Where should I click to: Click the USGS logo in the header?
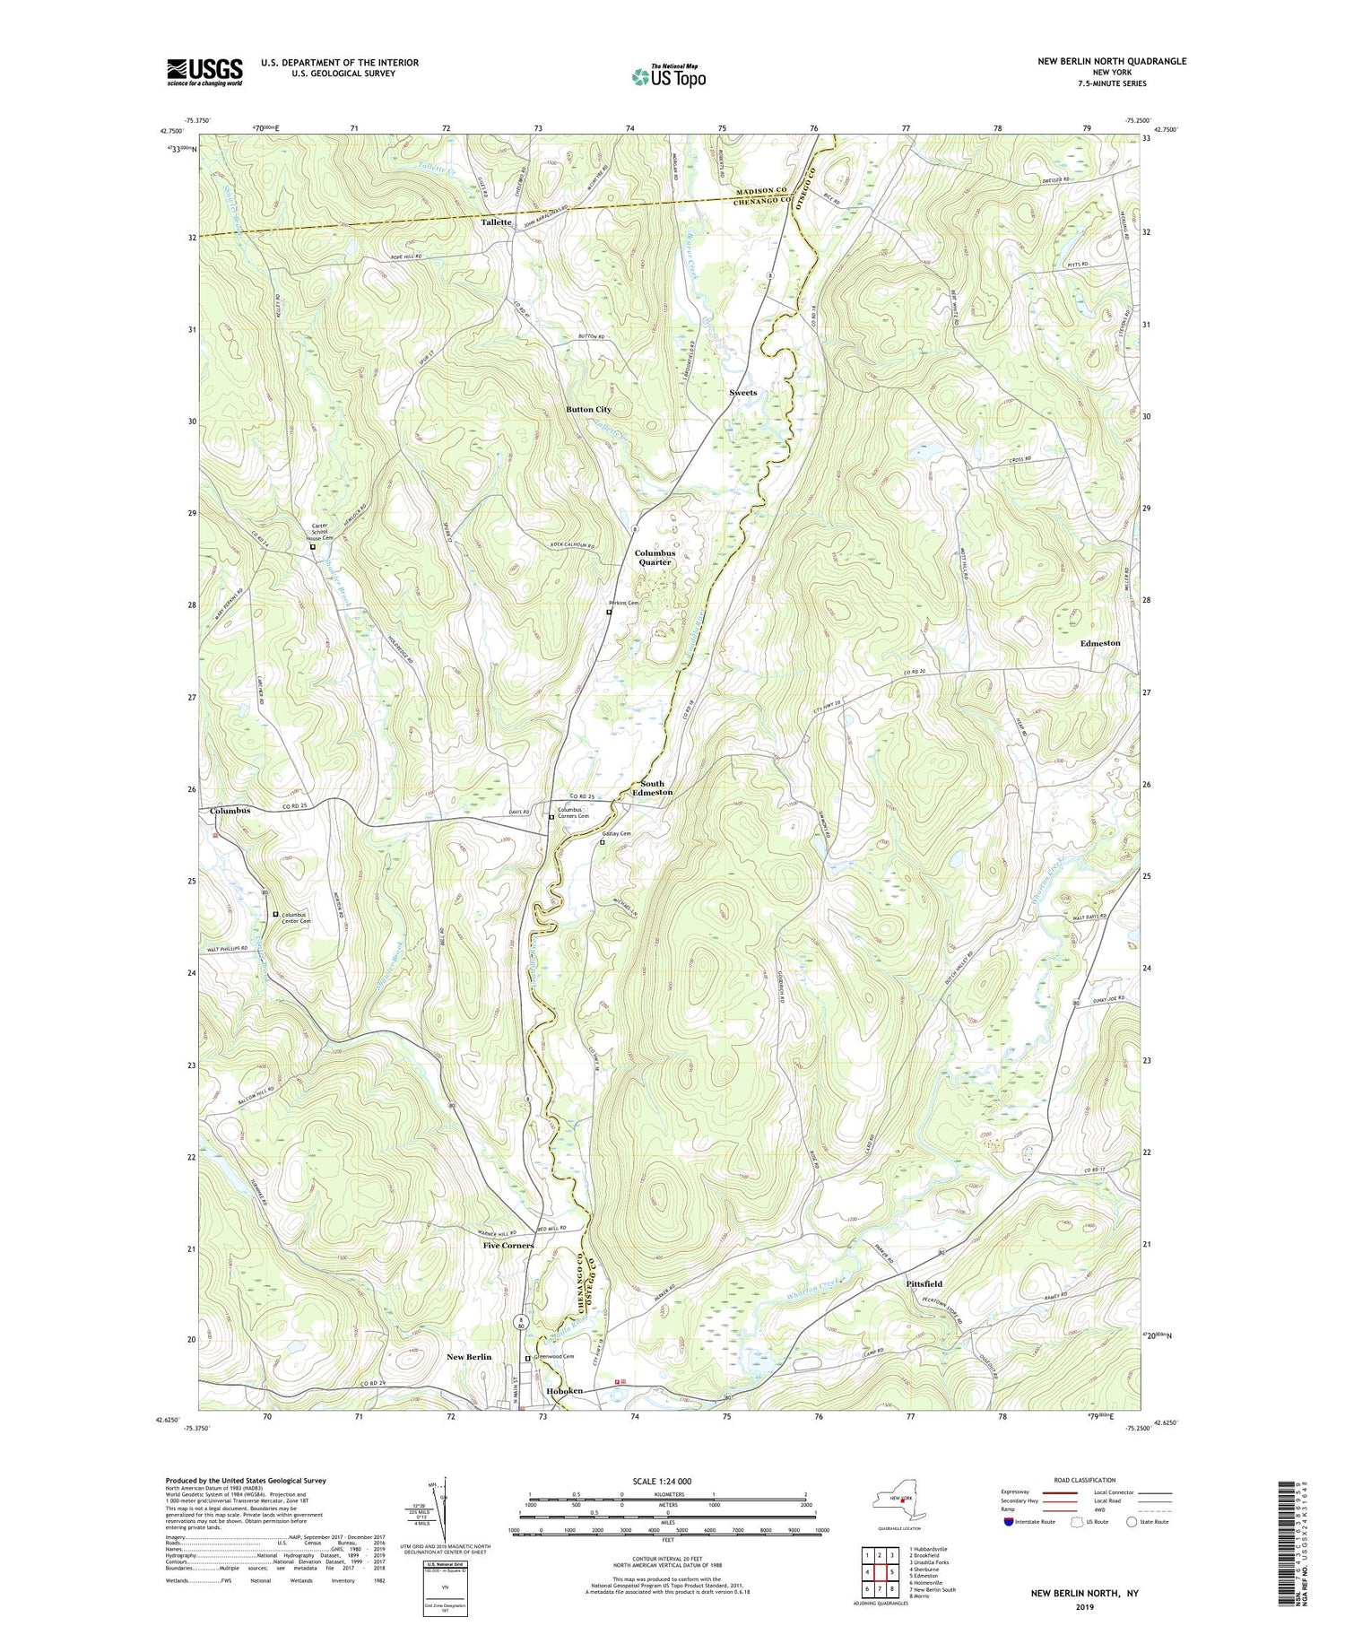point(204,72)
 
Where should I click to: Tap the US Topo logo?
point(668,76)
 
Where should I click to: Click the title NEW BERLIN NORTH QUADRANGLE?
point(1109,61)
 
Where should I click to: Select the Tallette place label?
point(496,222)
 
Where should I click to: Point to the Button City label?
point(588,409)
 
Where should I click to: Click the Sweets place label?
point(742,393)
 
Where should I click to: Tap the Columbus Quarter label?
point(655,558)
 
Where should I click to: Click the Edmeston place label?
point(1099,643)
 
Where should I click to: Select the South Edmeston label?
point(652,787)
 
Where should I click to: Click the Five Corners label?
point(508,1245)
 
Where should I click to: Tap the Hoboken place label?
point(564,1390)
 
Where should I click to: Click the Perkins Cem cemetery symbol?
point(609,613)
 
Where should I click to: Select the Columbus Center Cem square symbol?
point(275,914)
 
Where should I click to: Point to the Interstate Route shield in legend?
point(1008,1522)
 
